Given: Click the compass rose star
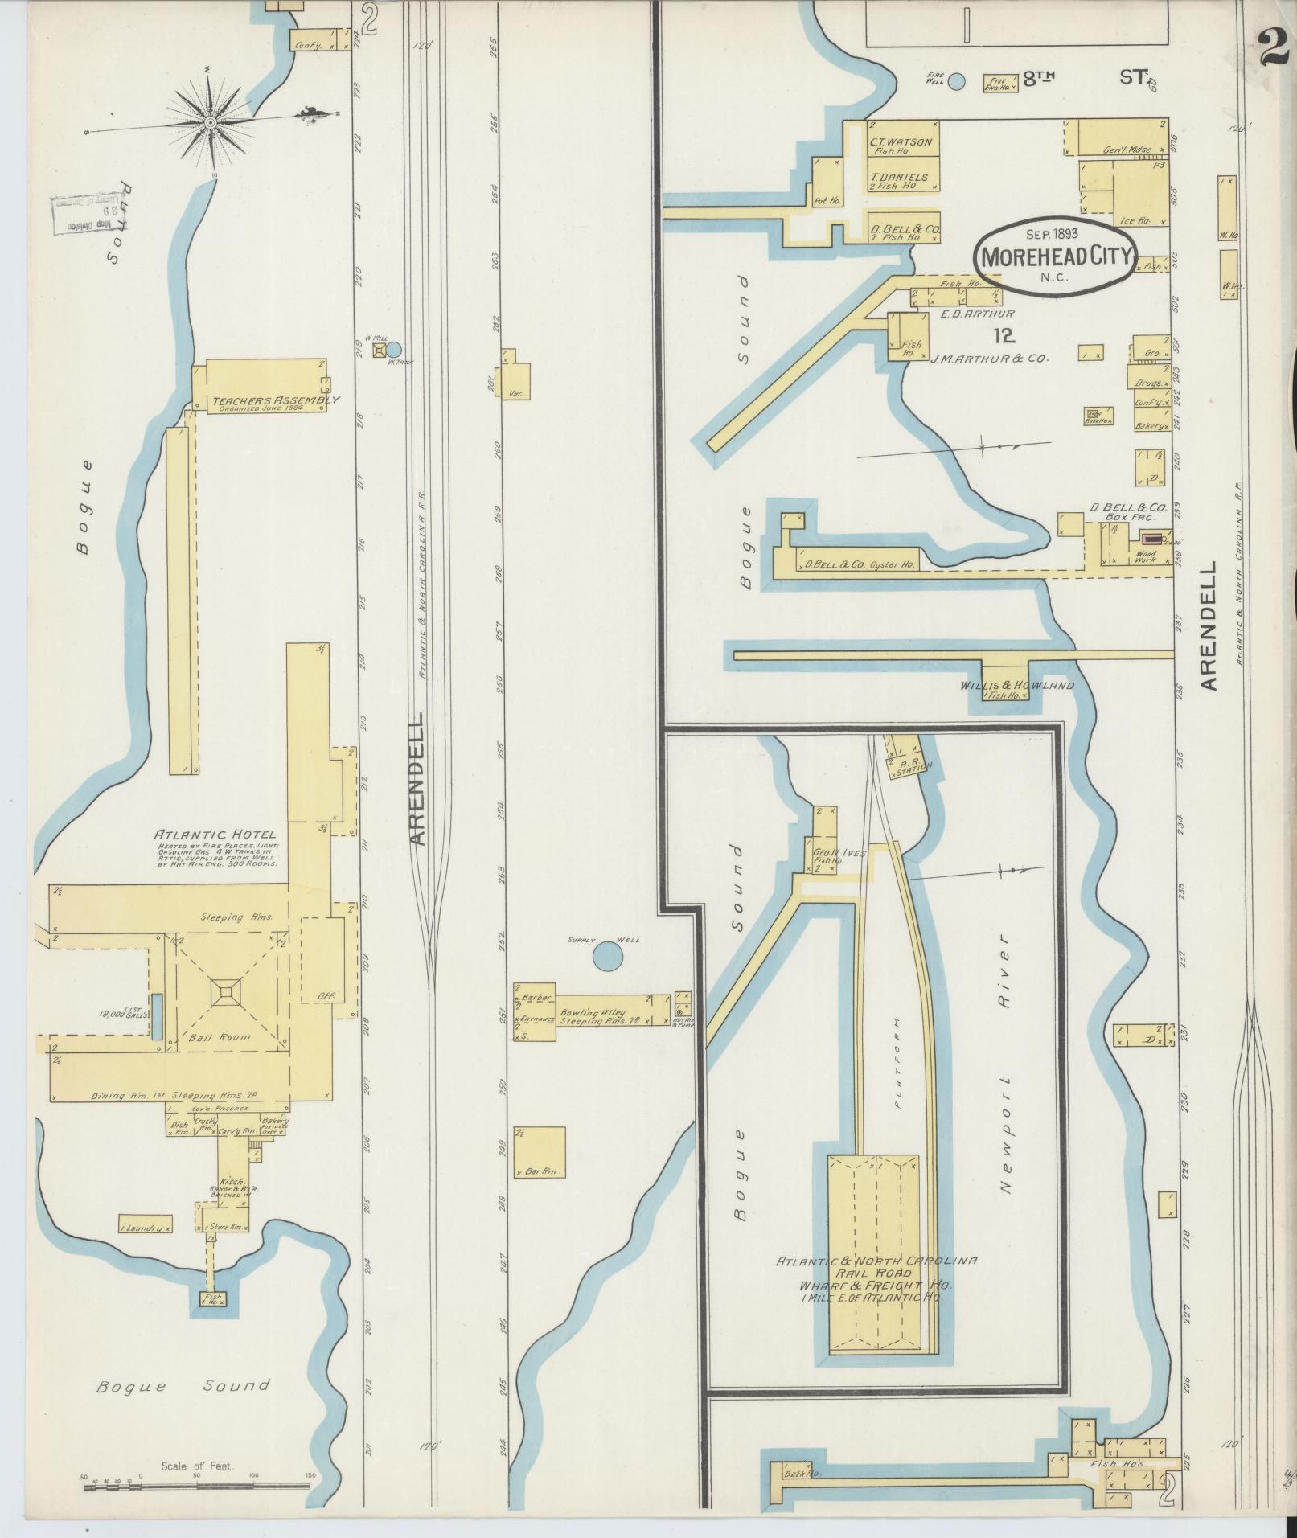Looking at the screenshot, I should tap(210, 123).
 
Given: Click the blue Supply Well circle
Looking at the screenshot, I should tap(607, 957).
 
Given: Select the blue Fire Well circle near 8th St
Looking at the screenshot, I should tap(956, 80).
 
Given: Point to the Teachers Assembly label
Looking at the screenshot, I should tap(276, 400).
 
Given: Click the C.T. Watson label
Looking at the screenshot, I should tap(901, 142).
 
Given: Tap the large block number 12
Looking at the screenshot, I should tap(1004, 336).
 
